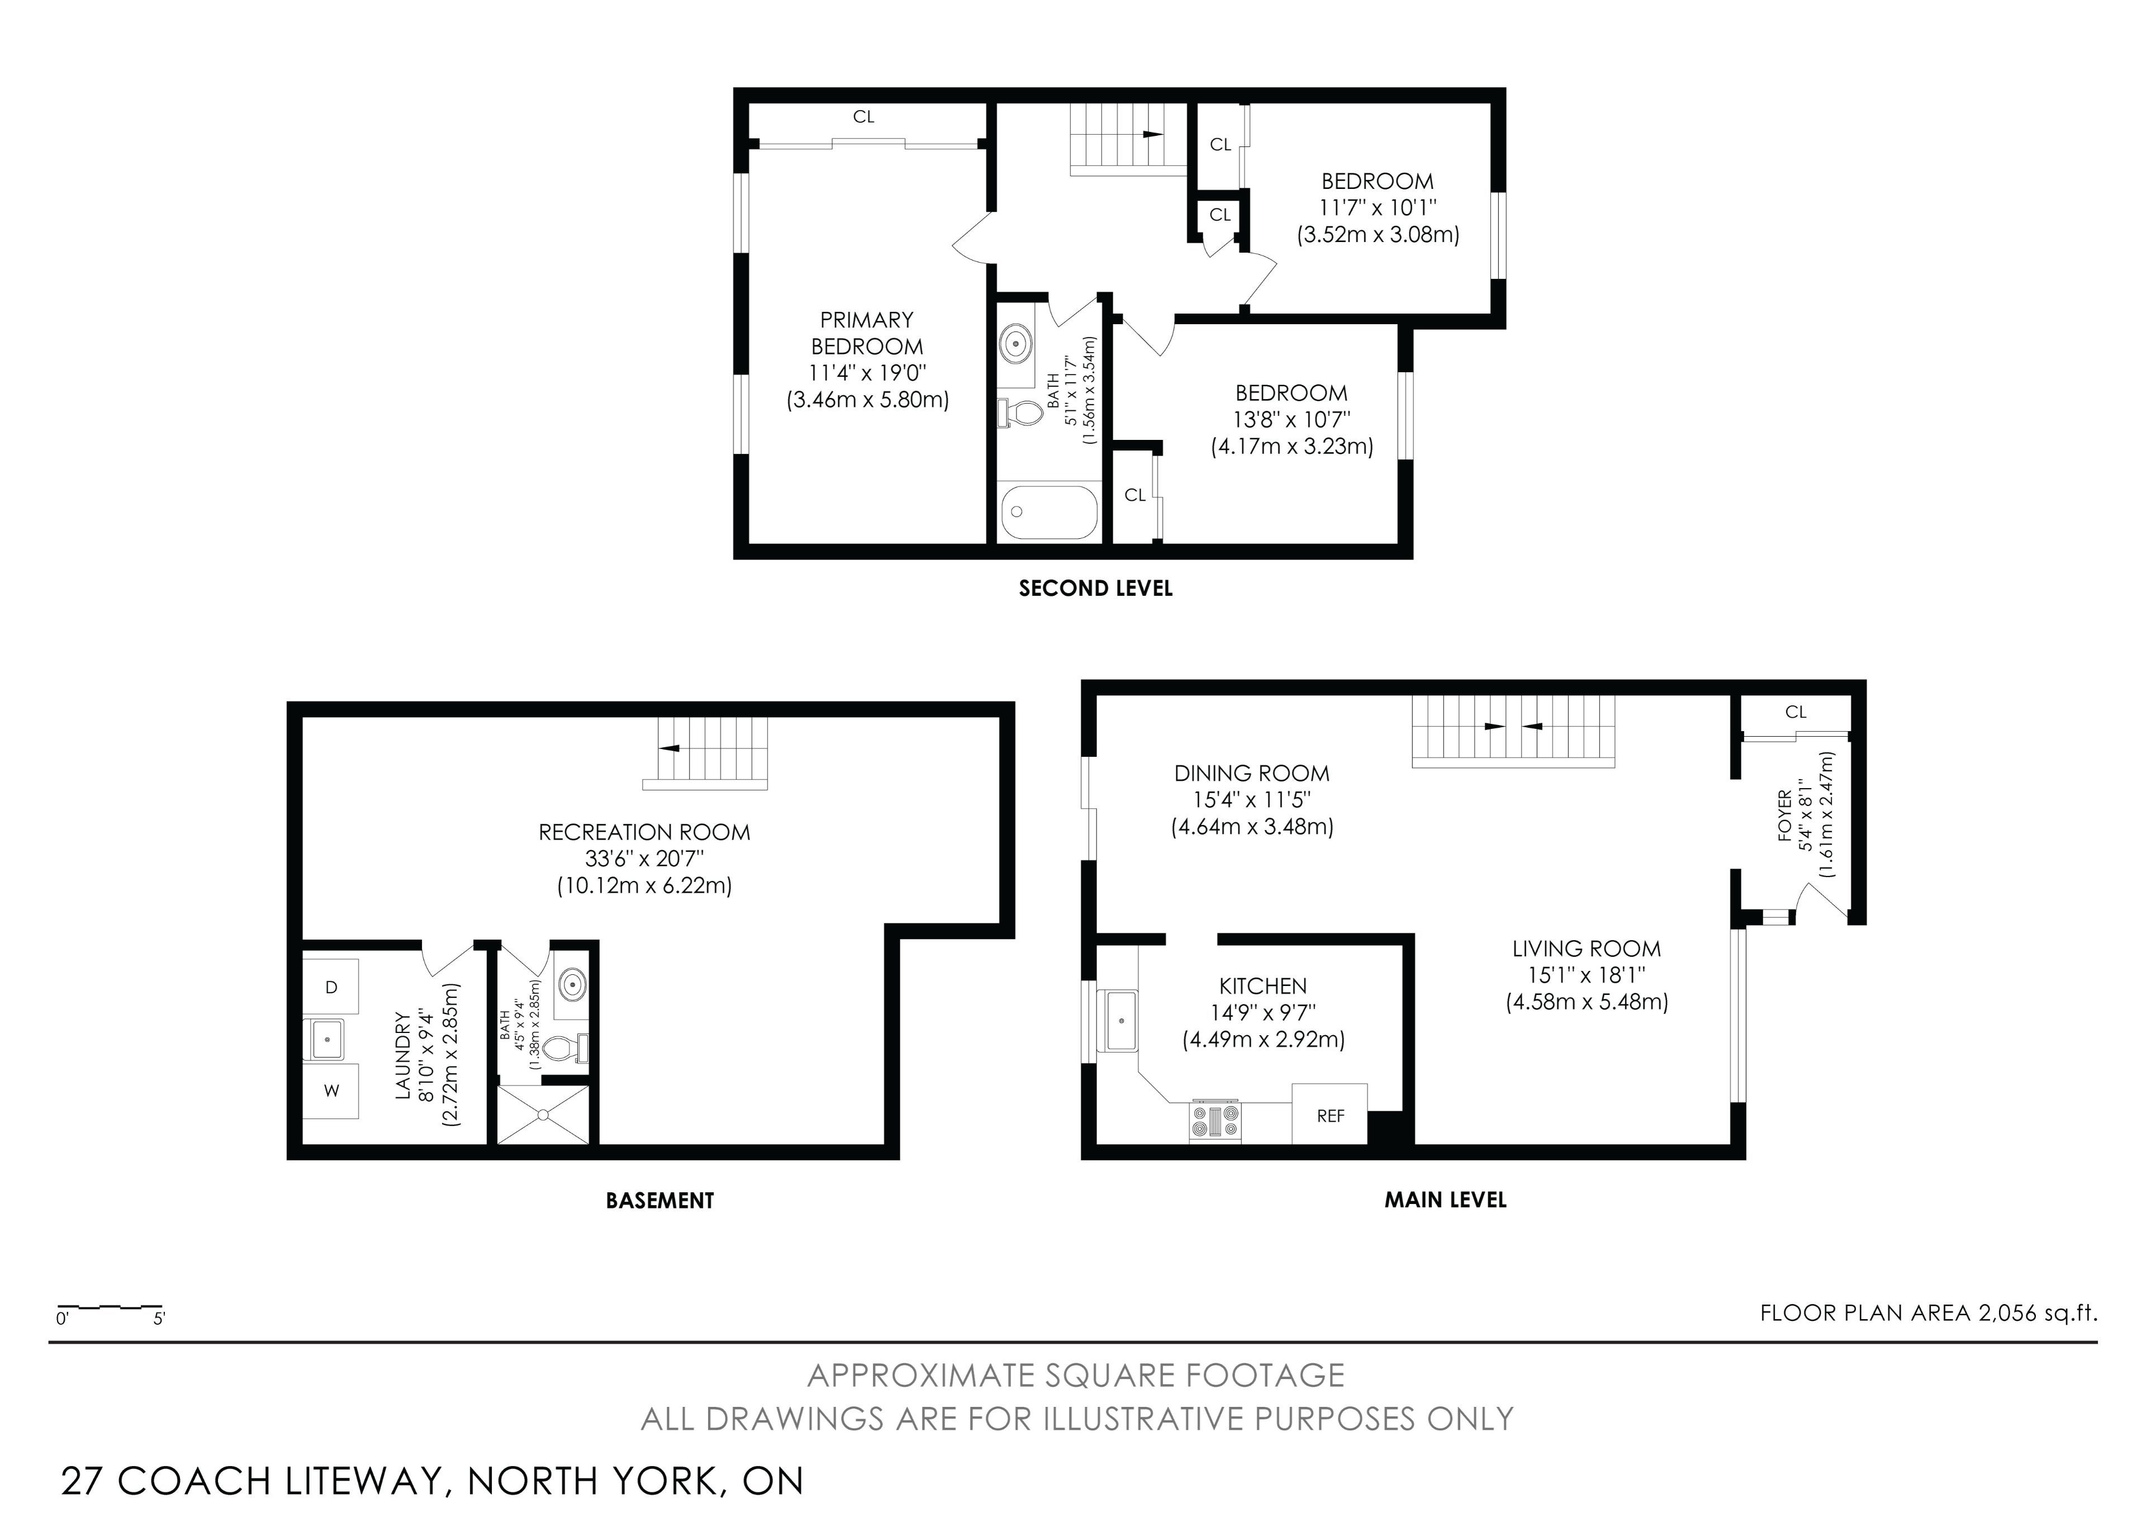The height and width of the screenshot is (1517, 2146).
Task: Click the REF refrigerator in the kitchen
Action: click(x=1329, y=1113)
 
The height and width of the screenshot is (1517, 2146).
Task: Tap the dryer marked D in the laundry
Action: click(x=331, y=986)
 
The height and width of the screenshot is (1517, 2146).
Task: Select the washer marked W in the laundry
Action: click(x=331, y=1091)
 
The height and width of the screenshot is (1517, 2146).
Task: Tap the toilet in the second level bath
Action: click(x=1020, y=412)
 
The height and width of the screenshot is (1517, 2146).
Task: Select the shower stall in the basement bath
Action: click(x=543, y=1113)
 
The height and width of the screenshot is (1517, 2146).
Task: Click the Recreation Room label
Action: click(x=644, y=832)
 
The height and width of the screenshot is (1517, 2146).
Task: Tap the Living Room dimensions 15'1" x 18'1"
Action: click(x=1586, y=975)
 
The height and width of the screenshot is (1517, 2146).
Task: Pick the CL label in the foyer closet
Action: click(x=1796, y=712)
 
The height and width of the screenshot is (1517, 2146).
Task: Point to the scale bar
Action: click(x=110, y=1306)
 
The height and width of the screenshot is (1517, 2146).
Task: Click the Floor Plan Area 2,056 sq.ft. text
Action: click(x=1928, y=1312)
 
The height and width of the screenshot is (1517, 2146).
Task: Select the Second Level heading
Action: click(x=1095, y=588)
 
